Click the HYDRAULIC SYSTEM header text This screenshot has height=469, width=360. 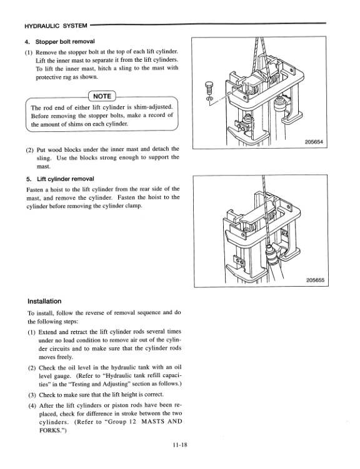(x=55, y=27)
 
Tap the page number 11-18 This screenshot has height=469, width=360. (x=179, y=444)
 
